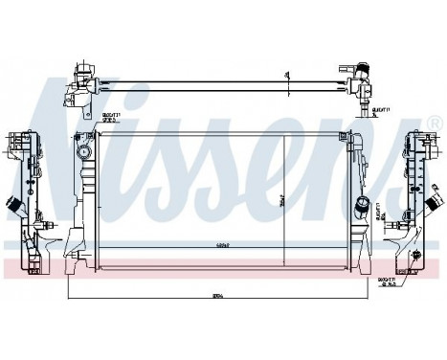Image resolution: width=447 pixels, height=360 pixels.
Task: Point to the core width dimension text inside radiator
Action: [222, 248]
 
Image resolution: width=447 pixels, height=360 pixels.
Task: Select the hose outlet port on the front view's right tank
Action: [361, 203]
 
